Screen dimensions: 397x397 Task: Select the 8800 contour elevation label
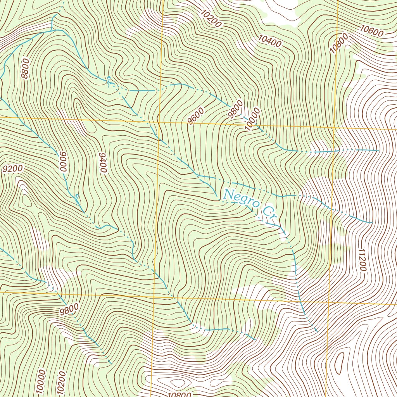[x=26, y=69]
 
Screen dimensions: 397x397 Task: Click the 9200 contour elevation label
[x=13, y=169]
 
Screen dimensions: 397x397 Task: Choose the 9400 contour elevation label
[x=103, y=162]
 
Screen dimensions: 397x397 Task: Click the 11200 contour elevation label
[x=362, y=259]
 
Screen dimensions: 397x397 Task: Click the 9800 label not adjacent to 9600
[x=69, y=310]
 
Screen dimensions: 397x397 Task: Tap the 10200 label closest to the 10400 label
[x=211, y=18]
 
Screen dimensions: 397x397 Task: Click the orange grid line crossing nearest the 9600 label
[x=159, y=122]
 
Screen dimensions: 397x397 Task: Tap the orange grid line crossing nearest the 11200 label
[x=329, y=301]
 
